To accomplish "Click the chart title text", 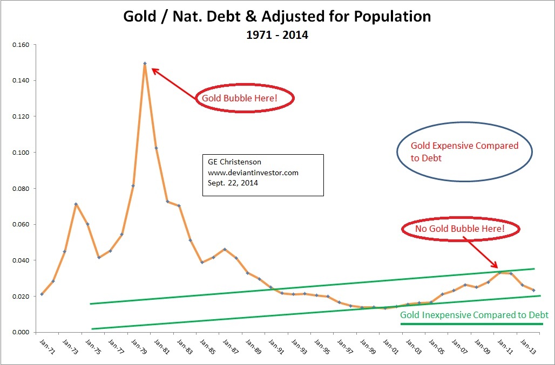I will click(x=277, y=16).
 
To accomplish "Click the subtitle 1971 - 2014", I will click(x=277, y=36).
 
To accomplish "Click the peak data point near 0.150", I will click(x=145, y=63).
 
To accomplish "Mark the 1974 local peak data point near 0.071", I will click(x=76, y=204).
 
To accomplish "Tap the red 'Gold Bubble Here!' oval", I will click(x=245, y=98).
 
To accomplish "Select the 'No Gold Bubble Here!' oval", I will click(x=460, y=229).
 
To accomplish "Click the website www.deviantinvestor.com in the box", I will click(x=253, y=173).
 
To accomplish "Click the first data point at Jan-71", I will click(x=42, y=294).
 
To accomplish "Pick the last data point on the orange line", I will click(x=533, y=290).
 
